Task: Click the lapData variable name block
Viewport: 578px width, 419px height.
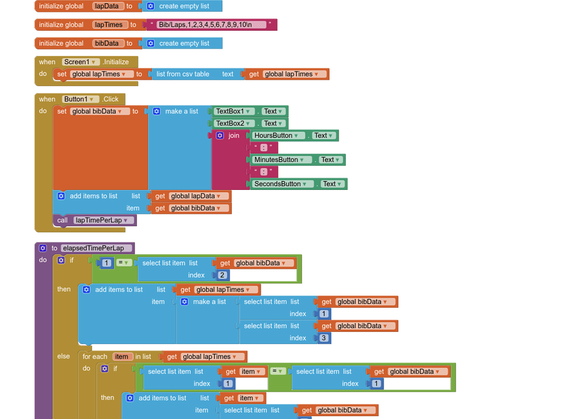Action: point(107,6)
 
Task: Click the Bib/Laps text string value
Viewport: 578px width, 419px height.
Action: point(204,25)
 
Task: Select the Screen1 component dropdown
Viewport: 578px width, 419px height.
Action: point(81,62)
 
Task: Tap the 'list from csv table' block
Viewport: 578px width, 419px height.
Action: point(183,74)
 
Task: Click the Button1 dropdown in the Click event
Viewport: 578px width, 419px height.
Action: point(80,99)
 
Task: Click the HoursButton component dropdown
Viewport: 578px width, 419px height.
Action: point(278,136)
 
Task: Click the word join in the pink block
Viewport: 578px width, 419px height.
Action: point(233,136)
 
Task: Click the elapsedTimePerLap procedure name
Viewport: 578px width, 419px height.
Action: point(97,248)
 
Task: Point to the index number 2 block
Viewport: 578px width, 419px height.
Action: point(222,275)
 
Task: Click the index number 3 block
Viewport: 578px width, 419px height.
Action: point(324,338)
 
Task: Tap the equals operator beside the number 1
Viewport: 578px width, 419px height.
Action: point(123,263)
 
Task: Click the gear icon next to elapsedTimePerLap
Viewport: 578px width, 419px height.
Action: point(43,248)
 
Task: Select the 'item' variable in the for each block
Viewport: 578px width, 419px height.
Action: point(121,356)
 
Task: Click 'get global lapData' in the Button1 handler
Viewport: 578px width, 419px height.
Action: point(190,196)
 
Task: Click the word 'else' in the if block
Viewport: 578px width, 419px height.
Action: point(64,356)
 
